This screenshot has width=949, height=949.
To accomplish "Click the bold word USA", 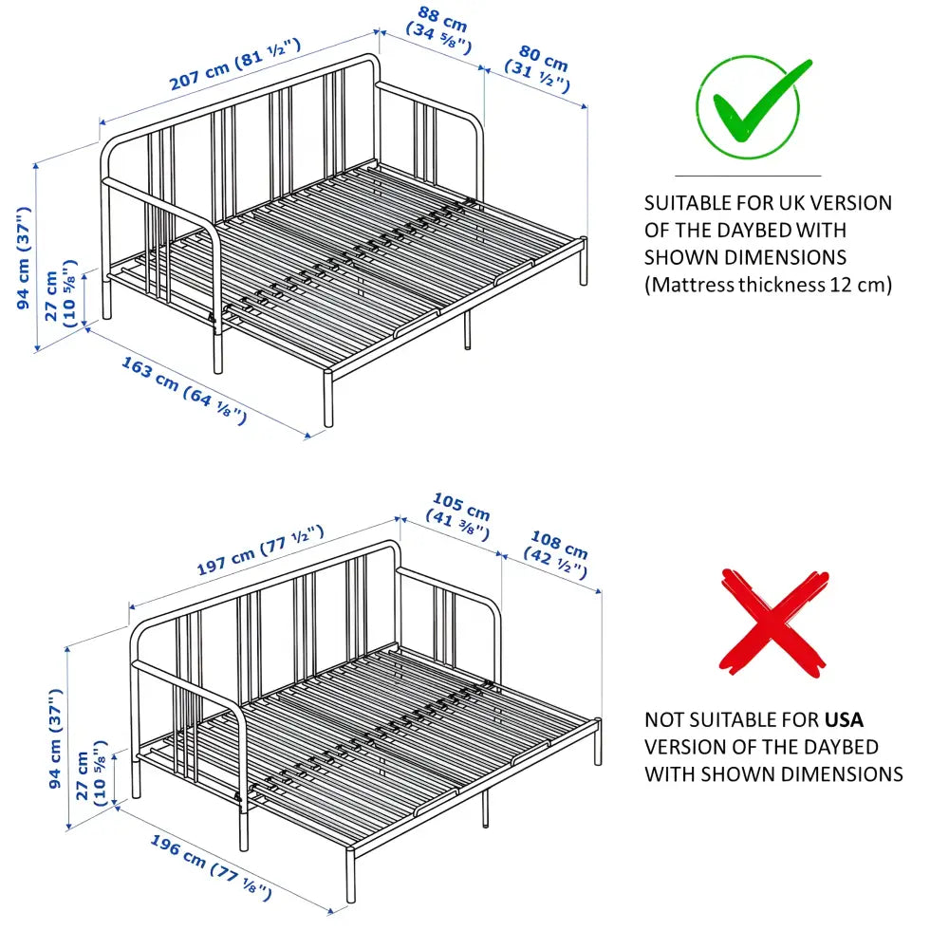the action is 844,719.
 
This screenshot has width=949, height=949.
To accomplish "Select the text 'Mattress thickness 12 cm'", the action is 768,285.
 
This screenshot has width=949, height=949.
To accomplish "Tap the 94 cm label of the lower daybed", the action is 55,739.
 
